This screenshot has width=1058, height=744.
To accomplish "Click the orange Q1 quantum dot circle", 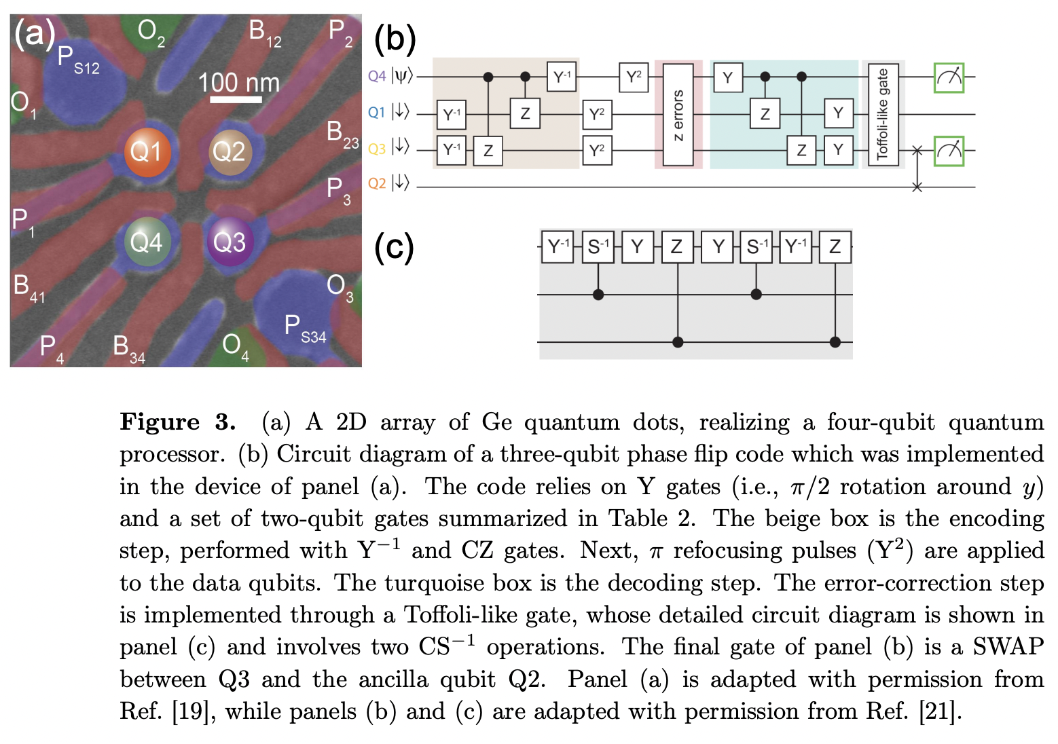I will tap(147, 151).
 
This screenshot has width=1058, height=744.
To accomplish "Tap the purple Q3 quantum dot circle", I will tap(230, 242).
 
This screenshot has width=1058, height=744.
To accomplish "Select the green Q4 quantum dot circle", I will tap(147, 242).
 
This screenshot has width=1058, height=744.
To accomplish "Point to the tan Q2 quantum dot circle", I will tap(229, 151).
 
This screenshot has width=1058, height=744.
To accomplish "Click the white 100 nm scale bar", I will tap(236, 100).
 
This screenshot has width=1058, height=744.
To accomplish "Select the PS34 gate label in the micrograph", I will tap(305, 330).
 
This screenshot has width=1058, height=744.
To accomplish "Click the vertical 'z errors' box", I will tap(678, 115).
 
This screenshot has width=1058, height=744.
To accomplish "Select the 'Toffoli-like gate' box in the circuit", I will tap(883, 115).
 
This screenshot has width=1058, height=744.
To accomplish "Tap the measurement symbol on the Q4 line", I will tap(949, 77).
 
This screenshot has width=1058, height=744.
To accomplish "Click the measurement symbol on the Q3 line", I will tap(949, 150).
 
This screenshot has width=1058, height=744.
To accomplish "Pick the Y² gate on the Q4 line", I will tap(634, 77).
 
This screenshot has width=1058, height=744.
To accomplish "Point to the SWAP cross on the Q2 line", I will tap(917, 187).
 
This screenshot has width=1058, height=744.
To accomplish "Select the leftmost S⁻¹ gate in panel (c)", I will tap(598, 246).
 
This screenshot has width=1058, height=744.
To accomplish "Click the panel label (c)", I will tap(394, 247).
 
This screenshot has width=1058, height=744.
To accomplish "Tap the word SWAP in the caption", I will tap(1007, 646).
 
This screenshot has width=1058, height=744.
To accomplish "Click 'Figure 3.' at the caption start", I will tap(177, 422).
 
